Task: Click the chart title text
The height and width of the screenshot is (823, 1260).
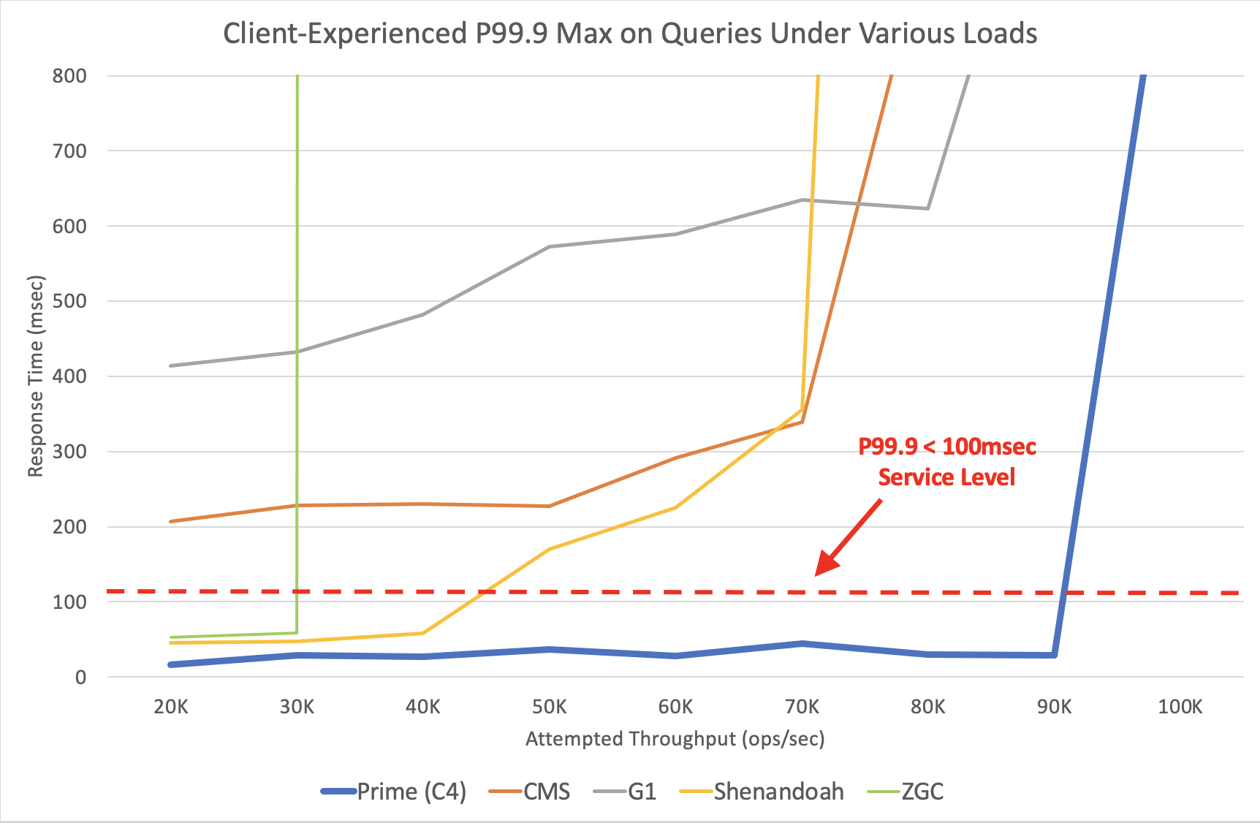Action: pos(630,34)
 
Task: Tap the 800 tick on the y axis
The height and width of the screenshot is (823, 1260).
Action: pos(69,76)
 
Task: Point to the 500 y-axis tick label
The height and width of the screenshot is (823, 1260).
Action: pos(69,301)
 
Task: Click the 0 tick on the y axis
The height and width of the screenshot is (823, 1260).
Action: pos(80,678)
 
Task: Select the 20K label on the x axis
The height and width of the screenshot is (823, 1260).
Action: pos(171,707)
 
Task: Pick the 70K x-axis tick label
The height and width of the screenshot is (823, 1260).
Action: pos(802,707)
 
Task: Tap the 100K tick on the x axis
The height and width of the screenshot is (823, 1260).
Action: pos(1180,707)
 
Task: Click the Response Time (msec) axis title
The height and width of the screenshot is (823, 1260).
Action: pos(36,376)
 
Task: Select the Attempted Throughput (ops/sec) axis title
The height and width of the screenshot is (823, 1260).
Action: pos(675,739)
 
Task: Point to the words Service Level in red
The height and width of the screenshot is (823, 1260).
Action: pos(946,477)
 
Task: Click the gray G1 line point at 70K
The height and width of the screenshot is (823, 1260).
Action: pos(802,200)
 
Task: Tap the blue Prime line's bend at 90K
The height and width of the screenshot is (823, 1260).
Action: pos(1054,655)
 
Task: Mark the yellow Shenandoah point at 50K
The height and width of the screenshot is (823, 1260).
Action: pos(549,549)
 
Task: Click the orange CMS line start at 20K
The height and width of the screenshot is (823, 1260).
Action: pos(171,521)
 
